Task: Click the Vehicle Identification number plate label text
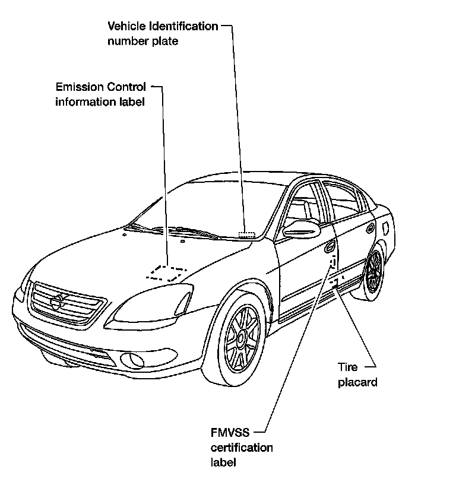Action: tap(162, 34)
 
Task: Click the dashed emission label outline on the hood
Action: tap(166, 272)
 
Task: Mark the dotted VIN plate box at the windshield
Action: tap(246, 234)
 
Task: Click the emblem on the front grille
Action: tap(56, 303)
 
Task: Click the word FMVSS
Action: tap(227, 433)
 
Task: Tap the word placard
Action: tap(357, 382)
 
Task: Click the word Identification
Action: tap(184, 27)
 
